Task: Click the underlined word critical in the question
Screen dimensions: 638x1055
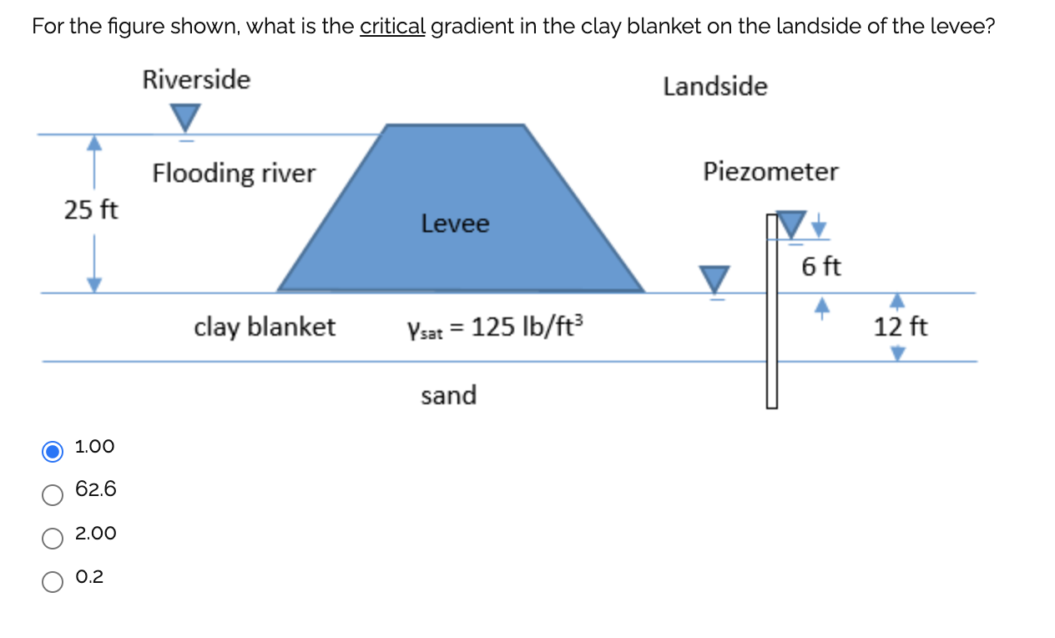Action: [392, 26]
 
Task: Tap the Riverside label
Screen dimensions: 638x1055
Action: [196, 80]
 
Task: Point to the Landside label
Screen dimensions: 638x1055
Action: [715, 86]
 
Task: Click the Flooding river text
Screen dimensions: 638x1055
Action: [234, 174]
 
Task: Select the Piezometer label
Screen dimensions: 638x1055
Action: [770, 172]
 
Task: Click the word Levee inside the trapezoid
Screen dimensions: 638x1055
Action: [455, 224]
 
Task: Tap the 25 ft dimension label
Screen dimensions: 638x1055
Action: [92, 210]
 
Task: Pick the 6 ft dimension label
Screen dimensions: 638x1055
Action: [821, 267]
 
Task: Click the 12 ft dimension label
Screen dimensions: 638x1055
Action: [901, 327]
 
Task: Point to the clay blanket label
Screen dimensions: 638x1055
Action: [265, 327]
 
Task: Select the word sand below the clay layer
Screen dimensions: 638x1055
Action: [448, 395]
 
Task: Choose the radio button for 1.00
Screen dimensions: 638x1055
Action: [53, 451]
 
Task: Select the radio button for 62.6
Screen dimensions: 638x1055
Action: [53, 494]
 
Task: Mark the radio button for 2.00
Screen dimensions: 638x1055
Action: [53, 538]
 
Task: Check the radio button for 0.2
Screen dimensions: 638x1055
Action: [53, 581]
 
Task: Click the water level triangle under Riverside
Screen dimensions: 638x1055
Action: [184, 118]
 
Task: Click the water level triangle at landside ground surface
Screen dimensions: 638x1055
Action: [714, 279]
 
